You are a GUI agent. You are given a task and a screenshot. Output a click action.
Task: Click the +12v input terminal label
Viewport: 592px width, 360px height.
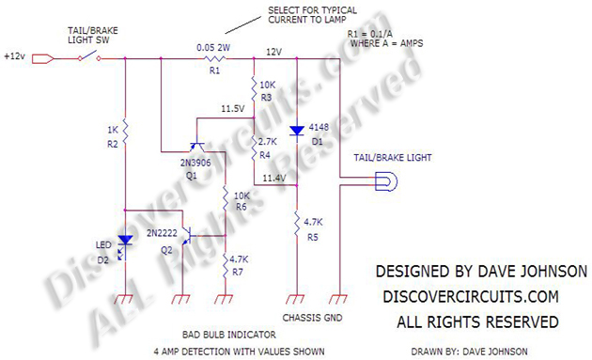(x=14, y=57)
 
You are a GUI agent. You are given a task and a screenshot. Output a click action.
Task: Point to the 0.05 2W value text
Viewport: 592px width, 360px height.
(x=215, y=45)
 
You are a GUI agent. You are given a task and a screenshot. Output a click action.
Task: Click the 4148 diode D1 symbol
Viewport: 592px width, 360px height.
(x=298, y=130)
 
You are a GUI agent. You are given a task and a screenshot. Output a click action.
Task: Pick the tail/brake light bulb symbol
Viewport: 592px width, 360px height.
(x=382, y=185)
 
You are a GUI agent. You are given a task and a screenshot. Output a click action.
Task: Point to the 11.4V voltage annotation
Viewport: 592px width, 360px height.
(x=276, y=177)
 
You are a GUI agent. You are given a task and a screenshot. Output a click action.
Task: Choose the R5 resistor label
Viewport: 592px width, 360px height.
(x=314, y=238)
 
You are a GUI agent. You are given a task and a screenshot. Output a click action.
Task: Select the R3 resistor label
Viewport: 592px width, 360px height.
(x=267, y=96)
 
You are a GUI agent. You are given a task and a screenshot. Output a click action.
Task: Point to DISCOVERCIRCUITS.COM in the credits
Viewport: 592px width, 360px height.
(x=470, y=296)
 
